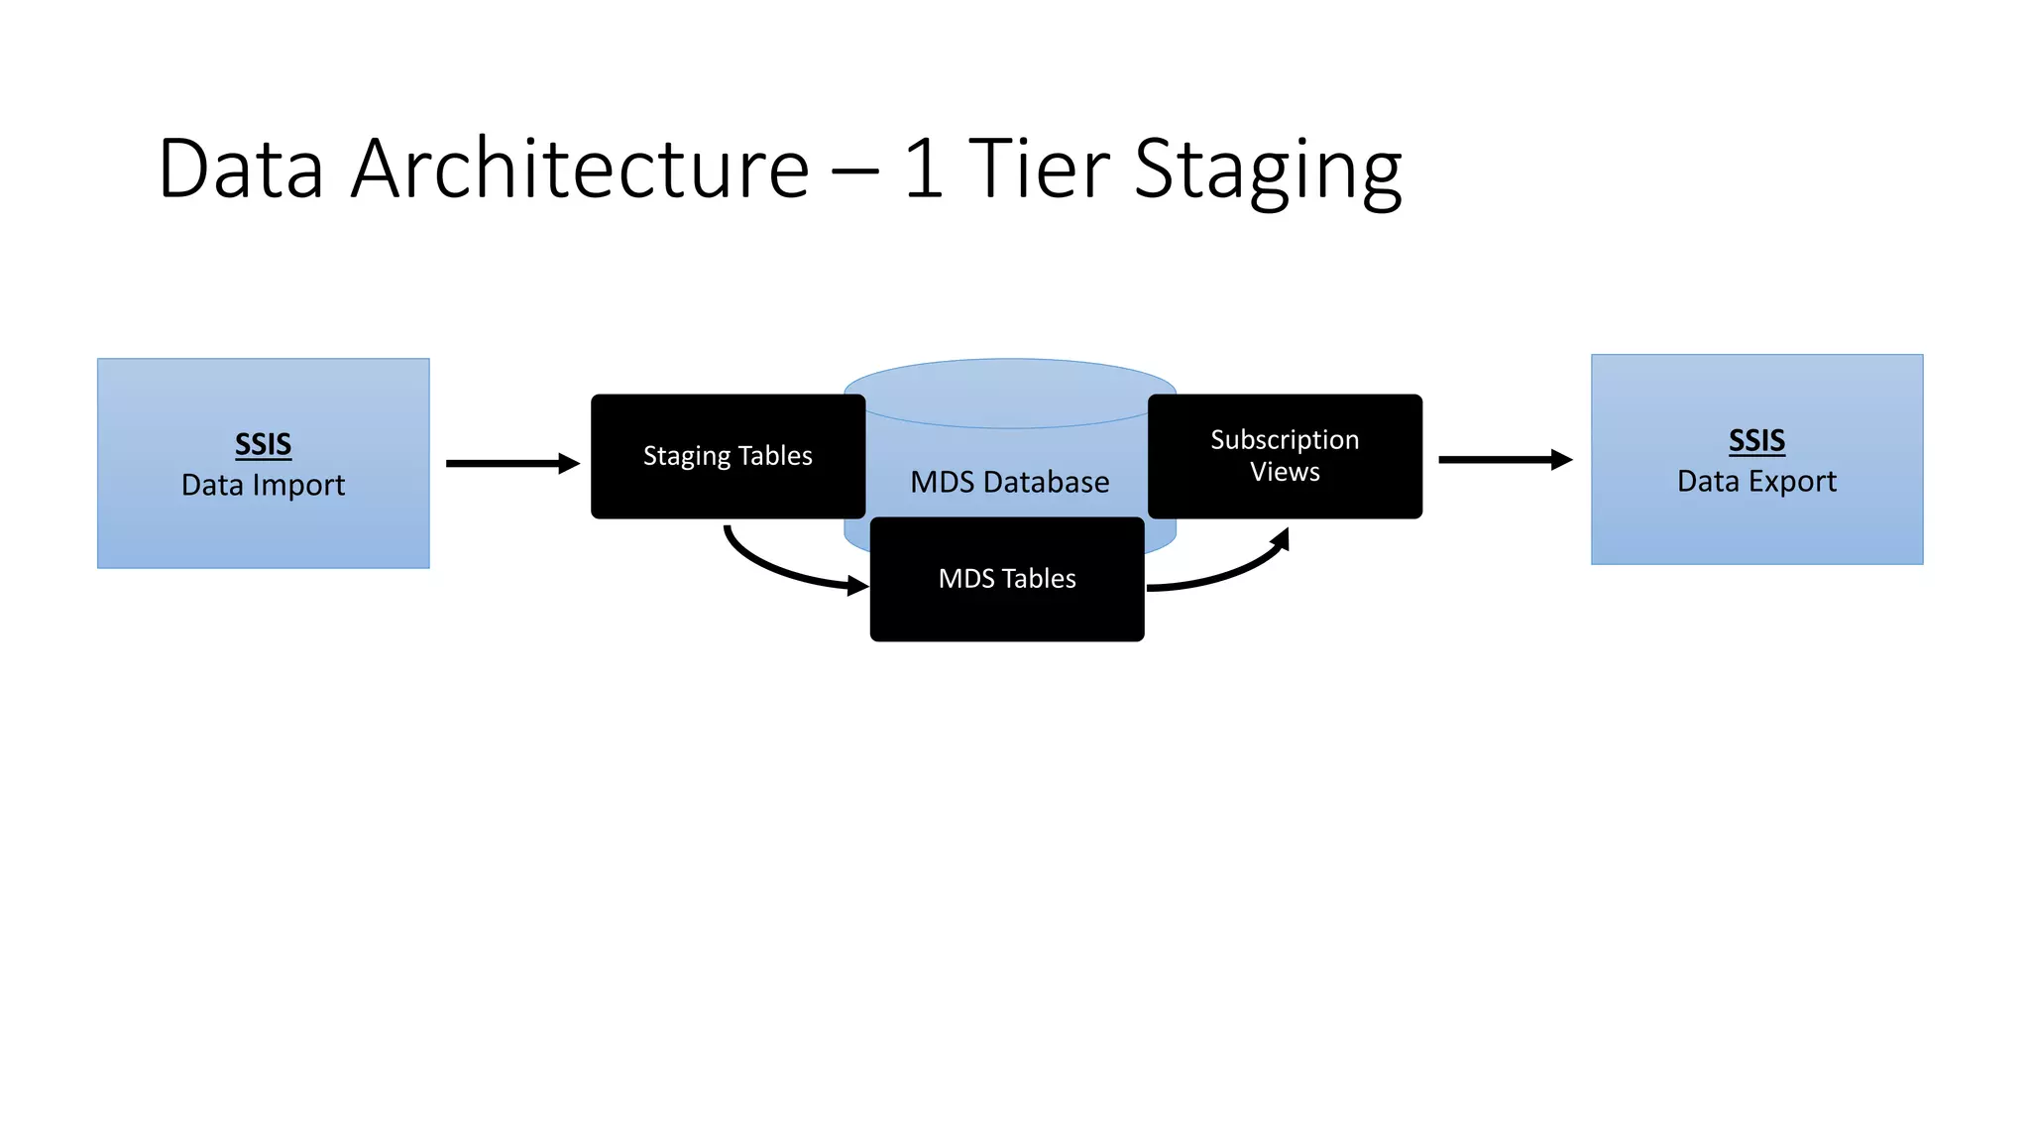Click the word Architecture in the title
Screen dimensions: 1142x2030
pyautogui.click(x=580, y=169)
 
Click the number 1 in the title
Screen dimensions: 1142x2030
pyautogui.click(x=923, y=169)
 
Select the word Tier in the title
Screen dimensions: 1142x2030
pyautogui.click(x=1038, y=169)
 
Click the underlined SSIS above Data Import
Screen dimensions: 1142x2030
pyautogui.click(x=263, y=444)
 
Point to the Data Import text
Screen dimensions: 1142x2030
pyautogui.click(x=263, y=485)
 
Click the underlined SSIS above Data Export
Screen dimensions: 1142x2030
pyautogui.click(x=1756, y=440)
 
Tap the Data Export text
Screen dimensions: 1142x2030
pyautogui.click(x=1756, y=481)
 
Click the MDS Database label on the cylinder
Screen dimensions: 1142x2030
pyautogui.click(x=1009, y=482)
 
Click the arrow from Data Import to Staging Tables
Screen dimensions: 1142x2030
pyautogui.click(x=511, y=463)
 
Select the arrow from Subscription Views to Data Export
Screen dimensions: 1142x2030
pyautogui.click(x=1504, y=459)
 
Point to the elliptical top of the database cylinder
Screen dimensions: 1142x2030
pyautogui.click(x=1009, y=382)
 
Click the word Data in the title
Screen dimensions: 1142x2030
pyautogui.click(x=241, y=169)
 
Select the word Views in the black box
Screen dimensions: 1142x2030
pyautogui.click(x=1285, y=472)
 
